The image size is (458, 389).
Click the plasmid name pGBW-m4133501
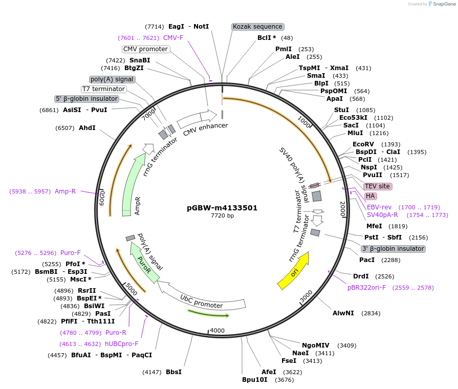[222, 208]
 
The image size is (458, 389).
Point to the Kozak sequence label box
[257, 27]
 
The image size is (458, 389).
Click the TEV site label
[378, 186]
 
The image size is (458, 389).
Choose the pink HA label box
[370, 196]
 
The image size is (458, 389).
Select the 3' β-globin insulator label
[393, 249]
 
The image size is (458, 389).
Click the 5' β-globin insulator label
[87, 99]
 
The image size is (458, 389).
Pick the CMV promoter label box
[146, 49]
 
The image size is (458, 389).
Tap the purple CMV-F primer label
[173, 38]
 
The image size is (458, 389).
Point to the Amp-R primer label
[65, 191]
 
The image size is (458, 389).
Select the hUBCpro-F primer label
[121, 344]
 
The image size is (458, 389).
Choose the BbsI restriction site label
[173, 372]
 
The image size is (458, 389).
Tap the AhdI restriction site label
[87, 127]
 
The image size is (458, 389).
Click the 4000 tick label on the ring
[217, 331]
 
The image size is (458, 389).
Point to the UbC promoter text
[201, 301]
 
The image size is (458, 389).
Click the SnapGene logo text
[443, 4]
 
